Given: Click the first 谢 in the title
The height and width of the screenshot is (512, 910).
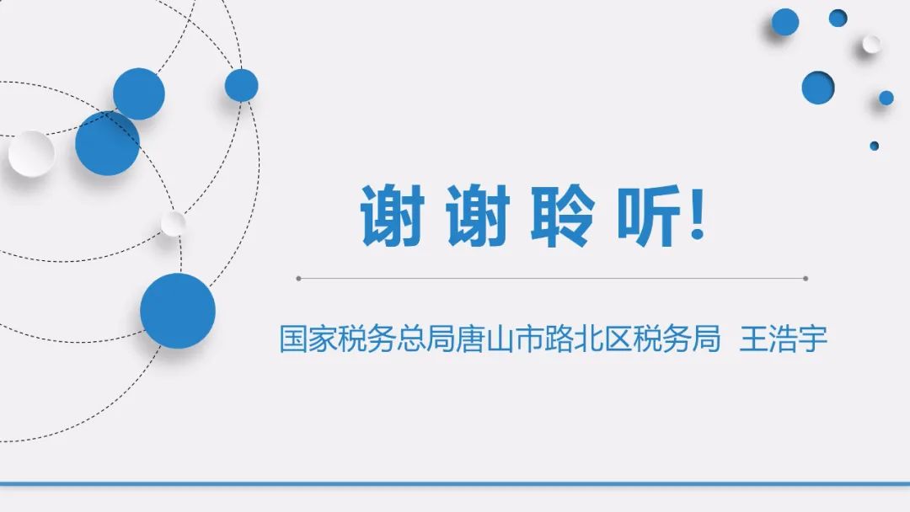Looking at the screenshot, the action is [x=393, y=215].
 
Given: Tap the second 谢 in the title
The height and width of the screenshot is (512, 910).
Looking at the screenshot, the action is [x=479, y=215].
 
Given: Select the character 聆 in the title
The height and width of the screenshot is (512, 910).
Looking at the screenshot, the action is [x=563, y=215].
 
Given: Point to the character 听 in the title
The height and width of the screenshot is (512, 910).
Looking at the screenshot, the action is [x=648, y=215].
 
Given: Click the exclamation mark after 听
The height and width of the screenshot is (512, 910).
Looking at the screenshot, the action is [x=699, y=214].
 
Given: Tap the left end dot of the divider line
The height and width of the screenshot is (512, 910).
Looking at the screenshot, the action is [x=298, y=279].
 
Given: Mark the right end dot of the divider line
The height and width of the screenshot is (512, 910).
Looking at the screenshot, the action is [x=806, y=279].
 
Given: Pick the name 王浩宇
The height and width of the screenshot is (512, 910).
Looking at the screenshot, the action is [x=784, y=339].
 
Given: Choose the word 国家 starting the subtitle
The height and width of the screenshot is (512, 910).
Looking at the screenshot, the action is [x=308, y=339].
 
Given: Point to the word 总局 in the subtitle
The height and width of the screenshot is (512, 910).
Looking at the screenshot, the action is [x=426, y=339].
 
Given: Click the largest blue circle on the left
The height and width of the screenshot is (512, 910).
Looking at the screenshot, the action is [x=178, y=311].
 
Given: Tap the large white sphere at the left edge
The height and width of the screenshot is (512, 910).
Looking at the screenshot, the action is [x=31, y=153].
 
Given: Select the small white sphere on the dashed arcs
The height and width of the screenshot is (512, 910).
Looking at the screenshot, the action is [x=173, y=223].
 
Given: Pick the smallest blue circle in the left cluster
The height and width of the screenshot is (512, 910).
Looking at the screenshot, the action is [x=242, y=85].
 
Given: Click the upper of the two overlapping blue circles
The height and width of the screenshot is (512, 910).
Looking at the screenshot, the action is [x=139, y=94].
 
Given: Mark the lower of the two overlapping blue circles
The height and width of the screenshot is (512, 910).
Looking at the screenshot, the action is [x=107, y=143].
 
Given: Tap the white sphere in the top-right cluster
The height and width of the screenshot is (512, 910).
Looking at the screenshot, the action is [x=871, y=44].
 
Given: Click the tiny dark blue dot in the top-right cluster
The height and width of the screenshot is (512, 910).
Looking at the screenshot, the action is [x=874, y=147].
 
